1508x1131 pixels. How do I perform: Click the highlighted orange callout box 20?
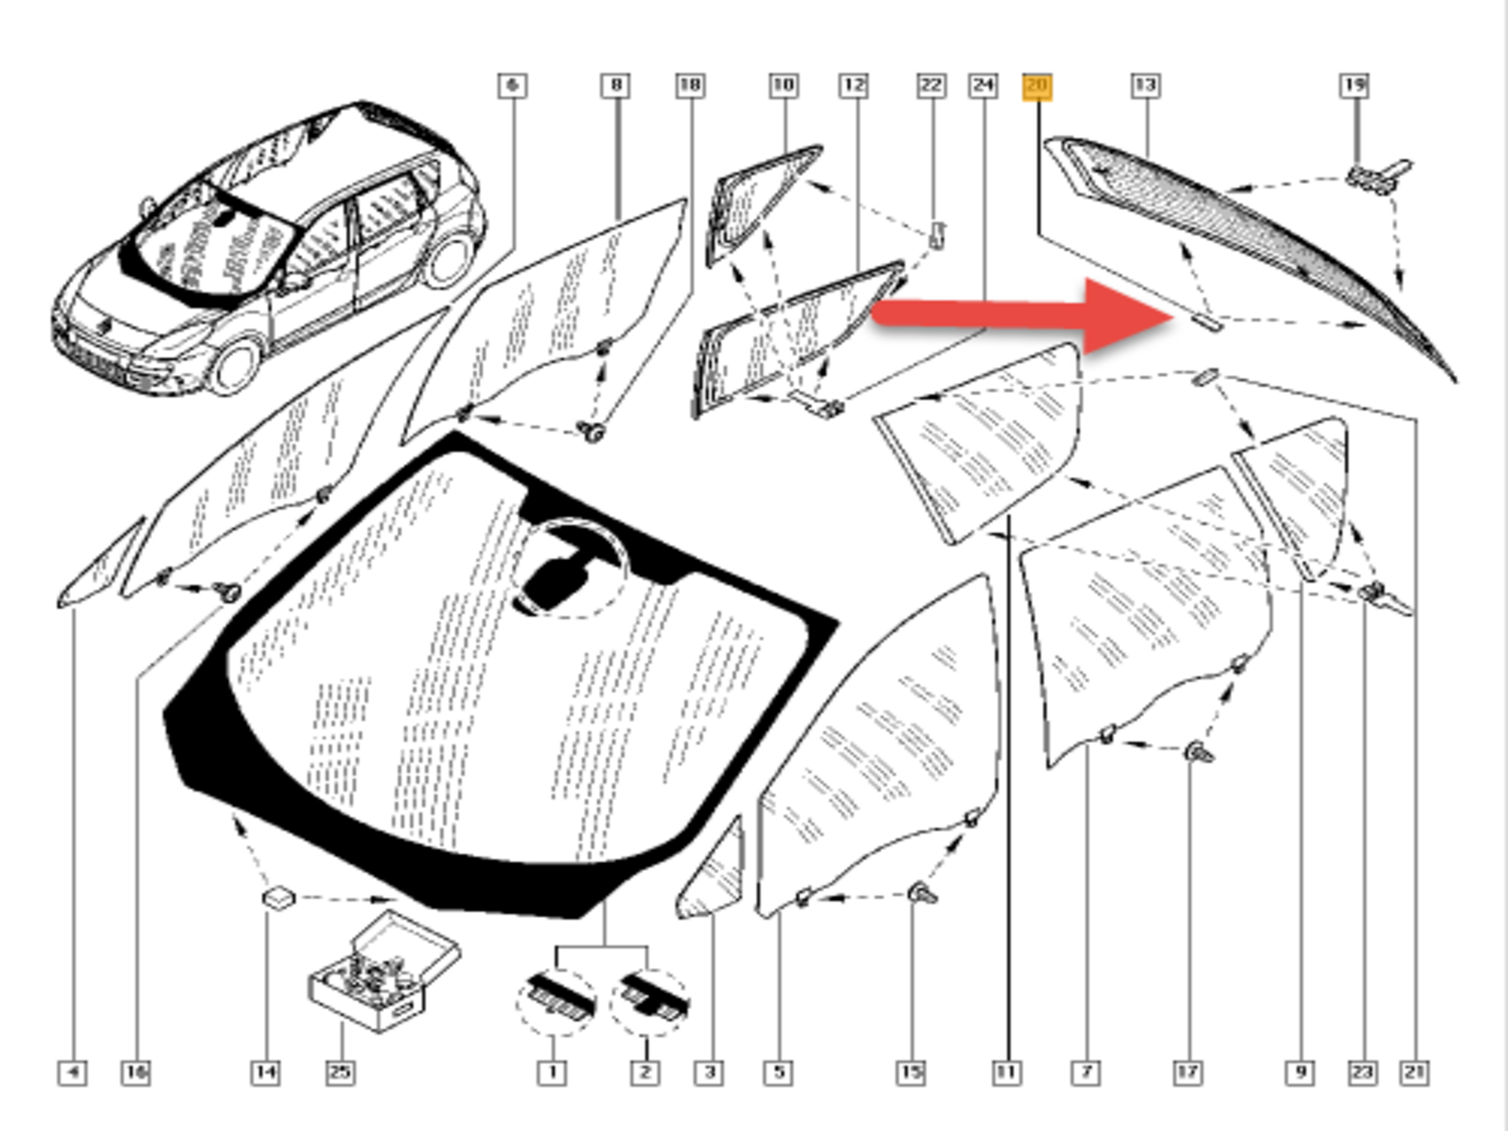click(1037, 87)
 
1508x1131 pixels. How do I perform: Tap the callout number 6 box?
click(512, 86)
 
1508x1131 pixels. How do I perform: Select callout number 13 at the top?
click(1145, 86)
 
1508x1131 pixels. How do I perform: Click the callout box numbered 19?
click(1354, 86)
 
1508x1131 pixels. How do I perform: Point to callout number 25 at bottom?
click(340, 1073)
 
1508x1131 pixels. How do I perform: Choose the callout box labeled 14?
click(266, 1073)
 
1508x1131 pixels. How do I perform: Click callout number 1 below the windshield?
click(552, 1073)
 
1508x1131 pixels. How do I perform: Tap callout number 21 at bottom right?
click(1415, 1073)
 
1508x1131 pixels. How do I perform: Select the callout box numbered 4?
click(73, 1073)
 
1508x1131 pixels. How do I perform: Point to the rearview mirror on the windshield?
click(556, 580)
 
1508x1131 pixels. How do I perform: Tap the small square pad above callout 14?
click(278, 897)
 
